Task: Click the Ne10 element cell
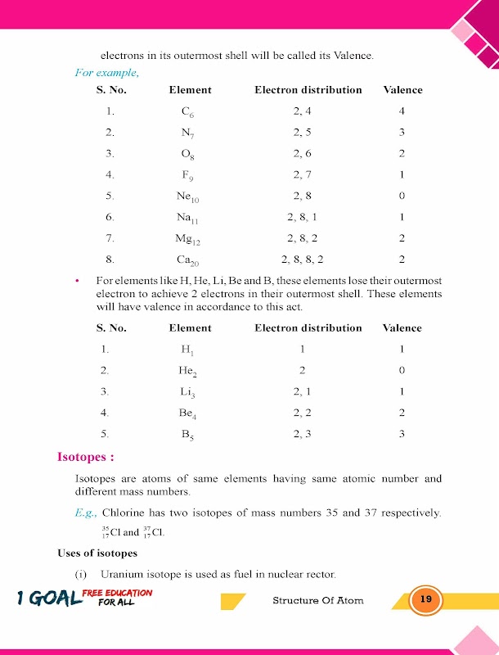coord(189,196)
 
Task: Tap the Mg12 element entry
coord(189,238)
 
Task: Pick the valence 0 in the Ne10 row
coord(402,196)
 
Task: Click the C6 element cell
coord(188,112)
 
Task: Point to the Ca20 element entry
coord(189,260)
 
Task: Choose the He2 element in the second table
coord(189,371)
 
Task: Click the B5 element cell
coord(188,435)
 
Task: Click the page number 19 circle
coord(425,600)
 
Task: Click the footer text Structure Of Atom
coord(317,600)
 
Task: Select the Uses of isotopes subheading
coord(97,554)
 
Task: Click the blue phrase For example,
coord(106,72)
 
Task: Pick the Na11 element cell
coord(189,218)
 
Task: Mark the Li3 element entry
coord(188,392)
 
